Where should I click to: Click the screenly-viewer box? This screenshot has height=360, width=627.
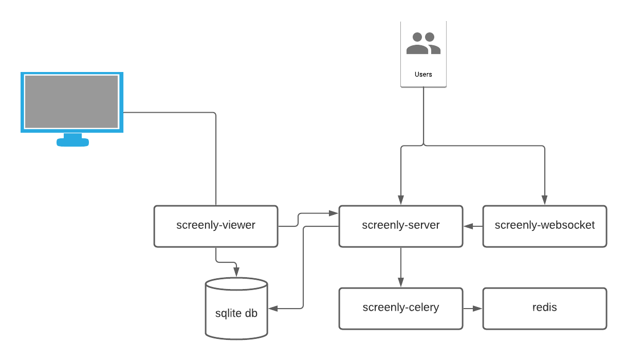coord(216,226)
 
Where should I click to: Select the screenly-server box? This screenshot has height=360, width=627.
coord(400,226)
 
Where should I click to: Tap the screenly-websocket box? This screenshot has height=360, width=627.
coord(544,226)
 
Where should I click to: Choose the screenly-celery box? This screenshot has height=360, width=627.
coord(400,308)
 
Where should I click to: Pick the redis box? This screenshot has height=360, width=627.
coord(544,308)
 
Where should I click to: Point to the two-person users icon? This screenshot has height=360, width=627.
coord(423,44)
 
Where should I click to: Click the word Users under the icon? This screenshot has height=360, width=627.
coord(423,75)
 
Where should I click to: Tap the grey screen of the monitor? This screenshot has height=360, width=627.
coord(71,101)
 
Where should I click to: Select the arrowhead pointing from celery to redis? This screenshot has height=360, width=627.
coord(478,309)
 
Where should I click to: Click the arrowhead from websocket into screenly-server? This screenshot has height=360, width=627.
coord(468,226)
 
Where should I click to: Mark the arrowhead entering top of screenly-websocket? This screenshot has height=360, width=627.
coord(544,201)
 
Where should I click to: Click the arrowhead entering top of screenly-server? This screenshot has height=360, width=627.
coord(400,201)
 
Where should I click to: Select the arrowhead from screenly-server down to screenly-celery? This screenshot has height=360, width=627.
coord(400,282)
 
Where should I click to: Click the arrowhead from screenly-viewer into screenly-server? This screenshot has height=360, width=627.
coord(334,212)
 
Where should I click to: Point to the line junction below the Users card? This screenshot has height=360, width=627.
coord(423,146)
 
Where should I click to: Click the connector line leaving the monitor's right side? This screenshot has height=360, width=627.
coord(170,112)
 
